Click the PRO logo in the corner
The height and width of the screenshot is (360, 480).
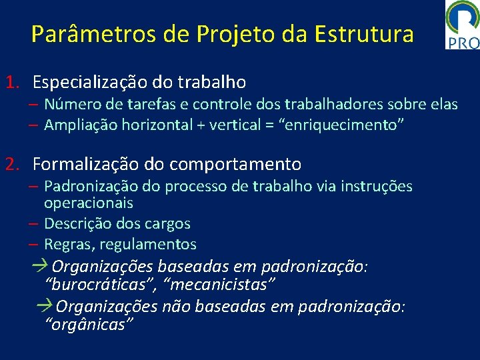click(462, 25)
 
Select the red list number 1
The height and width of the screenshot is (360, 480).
click(11, 83)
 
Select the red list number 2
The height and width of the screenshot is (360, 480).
click(11, 163)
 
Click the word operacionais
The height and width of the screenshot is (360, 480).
click(89, 203)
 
